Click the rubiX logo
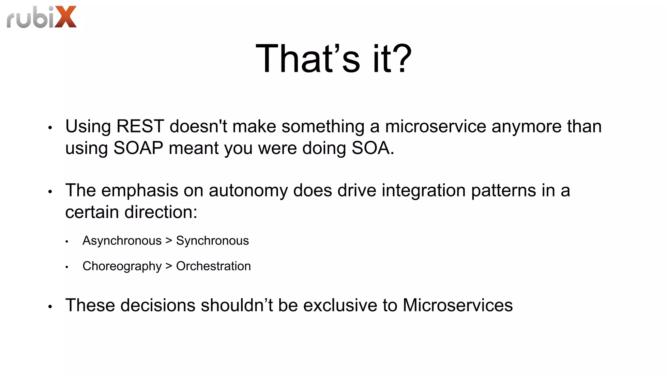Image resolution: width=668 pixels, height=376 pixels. coord(42,17)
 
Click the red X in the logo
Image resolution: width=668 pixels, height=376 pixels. coord(66,17)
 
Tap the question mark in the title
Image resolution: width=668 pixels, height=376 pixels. coord(401,59)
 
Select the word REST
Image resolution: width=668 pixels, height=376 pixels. coord(140,126)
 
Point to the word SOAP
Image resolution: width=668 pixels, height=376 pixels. coord(138,148)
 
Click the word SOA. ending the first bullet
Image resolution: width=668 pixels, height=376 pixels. coord(373,148)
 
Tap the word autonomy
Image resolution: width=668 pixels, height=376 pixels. coord(248,190)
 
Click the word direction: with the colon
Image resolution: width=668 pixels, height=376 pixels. coord(161,212)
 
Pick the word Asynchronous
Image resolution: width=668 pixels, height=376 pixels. coord(122,241)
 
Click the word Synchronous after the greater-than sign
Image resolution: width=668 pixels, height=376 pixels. coord(212,241)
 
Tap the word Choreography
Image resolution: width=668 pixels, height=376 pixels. coord(122,266)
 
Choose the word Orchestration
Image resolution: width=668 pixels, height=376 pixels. coord(213,266)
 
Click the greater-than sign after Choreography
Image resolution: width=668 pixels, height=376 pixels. coord(169,266)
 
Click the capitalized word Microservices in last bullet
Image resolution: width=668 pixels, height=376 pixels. coord(458,305)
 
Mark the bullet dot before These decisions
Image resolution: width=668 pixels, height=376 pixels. coord(50,307)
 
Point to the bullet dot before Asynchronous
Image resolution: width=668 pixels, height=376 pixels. coord(67,242)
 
